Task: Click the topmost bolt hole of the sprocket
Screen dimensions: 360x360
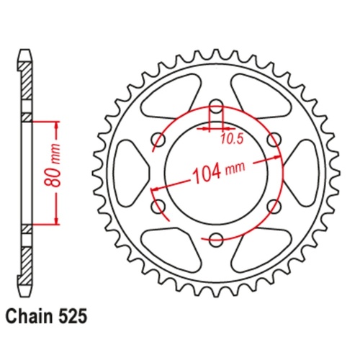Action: tap(215, 107)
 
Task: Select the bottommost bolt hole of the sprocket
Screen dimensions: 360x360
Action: tap(215, 238)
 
